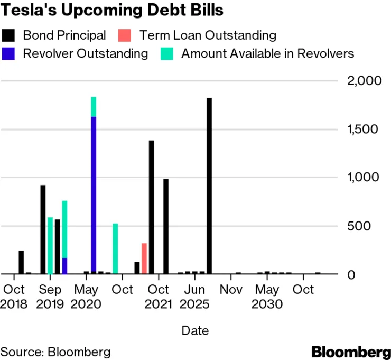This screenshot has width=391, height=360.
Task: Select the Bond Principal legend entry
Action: pyautogui.click(x=64, y=35)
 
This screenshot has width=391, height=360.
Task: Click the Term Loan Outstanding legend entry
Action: pyautogui.click(x=208, y=35)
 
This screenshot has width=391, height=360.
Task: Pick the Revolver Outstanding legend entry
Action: pyautogui.click(x=85, y=53)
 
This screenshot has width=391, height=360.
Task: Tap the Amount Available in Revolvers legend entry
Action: pyautogui.click(x=267, y=53)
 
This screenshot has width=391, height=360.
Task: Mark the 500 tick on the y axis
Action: pyautogui.click(x=368, y=226)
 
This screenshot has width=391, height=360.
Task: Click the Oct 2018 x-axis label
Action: pyautogui.click(x=14, y=297)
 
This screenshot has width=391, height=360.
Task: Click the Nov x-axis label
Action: pyautogui.click(x=231, y=290)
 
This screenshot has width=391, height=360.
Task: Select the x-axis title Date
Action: pyautogui.click(x=195, y=331)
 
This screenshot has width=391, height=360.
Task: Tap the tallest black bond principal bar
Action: pyautogui.click(x=209, y=186)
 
